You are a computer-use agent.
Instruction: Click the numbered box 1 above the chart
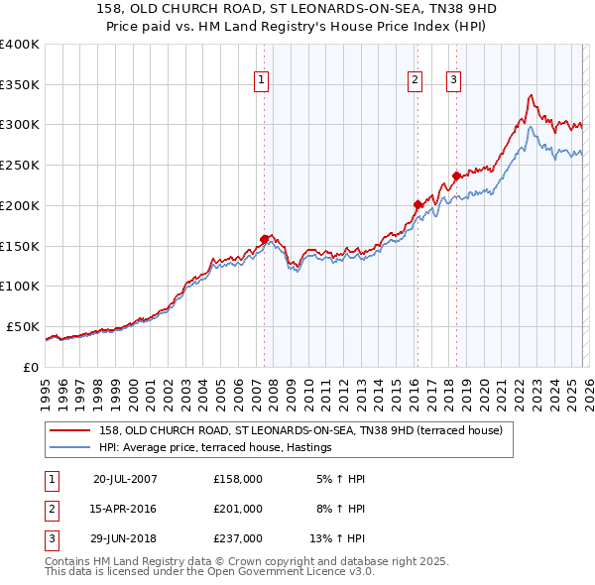pyautogui.click(x=263, y=81)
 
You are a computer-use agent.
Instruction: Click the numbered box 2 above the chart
pyautogui.click(x=415, y=81)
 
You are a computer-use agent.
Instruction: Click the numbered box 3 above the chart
pyautogui.click(x=453, y=81)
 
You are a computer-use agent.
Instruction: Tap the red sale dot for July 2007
pyautogui.click(x=265, y=239)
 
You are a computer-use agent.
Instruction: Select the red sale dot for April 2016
pyautogui.click(x=417, y=204)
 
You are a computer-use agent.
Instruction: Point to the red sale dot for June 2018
pyautogui.click(x=456, y=175)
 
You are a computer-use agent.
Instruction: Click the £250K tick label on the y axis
pyautogui.click(x=19, y=165)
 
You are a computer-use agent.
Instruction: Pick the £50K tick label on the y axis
pyautogui.click(x=23, y=326)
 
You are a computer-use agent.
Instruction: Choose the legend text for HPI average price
pyautogui.click(x=214, y=448)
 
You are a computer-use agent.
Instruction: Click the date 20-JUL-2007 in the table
pyautogui.click(x=125, y=479)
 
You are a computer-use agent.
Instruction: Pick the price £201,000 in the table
pyautogui.click(x=237, y=509)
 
